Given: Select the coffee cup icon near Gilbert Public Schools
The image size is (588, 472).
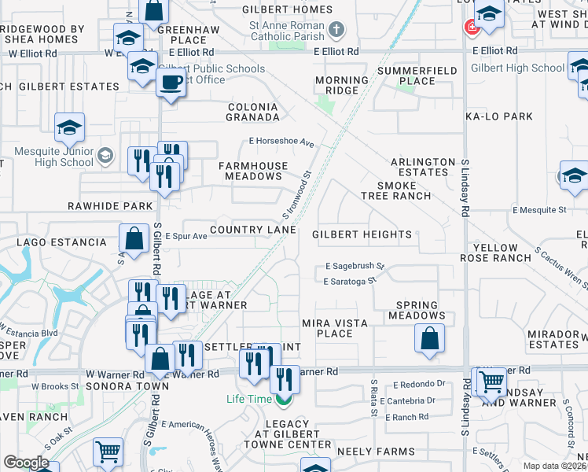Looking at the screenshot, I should (171, 81).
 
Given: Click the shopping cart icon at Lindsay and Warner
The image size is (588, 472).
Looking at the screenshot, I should (491, 382).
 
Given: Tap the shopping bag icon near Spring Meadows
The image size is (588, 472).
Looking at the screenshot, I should (430, 339).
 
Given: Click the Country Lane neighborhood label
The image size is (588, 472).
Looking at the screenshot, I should (253, 230).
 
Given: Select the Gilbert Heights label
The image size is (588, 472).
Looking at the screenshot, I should (362, 234).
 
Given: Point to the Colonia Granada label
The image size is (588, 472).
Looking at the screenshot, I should (253, 112).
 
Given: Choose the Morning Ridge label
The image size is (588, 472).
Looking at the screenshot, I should (342, 86).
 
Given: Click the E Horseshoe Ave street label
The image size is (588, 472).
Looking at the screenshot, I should (281, 143).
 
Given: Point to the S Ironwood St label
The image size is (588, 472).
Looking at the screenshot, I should (297, 196).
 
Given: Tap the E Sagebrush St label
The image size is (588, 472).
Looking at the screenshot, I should (353, 267).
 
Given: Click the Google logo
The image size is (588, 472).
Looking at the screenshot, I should (27, 463).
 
